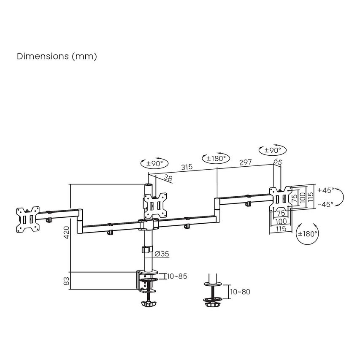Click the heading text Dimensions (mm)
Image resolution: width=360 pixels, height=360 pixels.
(x=57, y=56)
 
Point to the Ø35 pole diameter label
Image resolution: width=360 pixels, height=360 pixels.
(x=162, y=254)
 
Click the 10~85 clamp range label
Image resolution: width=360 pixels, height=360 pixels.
(x=177, y=276)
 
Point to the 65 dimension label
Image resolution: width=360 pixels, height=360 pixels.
(x=278, y=161)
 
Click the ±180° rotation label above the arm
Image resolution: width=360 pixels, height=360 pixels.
(x=216, y=158)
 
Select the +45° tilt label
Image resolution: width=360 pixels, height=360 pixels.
(x=325, y=190)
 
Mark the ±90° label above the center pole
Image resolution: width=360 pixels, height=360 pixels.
(x=154, y=163)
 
